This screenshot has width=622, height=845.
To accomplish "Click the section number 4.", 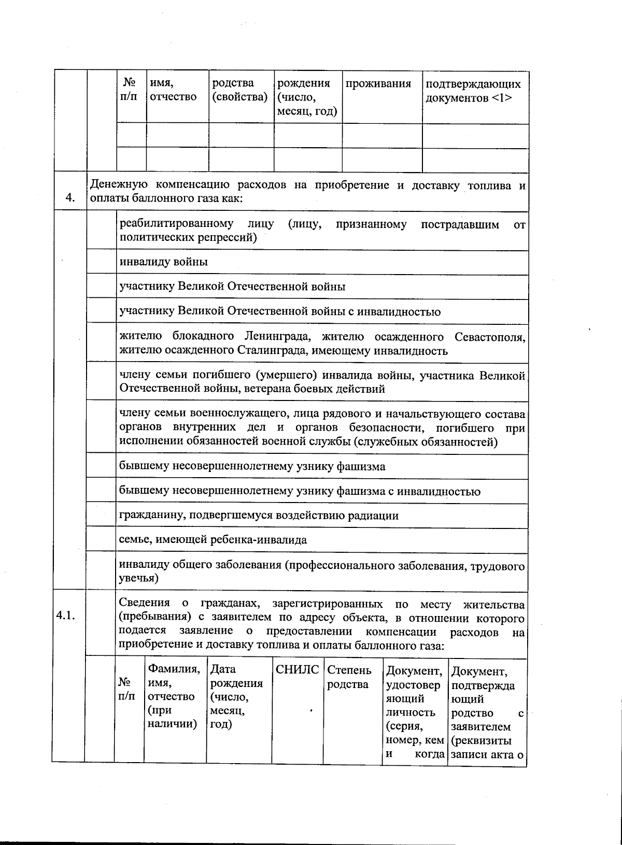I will (70, 197).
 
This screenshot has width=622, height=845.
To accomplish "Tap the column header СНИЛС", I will (297, 669).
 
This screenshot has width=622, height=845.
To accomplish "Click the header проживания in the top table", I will (378, 84).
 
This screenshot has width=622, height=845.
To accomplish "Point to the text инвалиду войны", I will (163, 262).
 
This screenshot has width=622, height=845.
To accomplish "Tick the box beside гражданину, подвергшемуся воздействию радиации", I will (101, 515).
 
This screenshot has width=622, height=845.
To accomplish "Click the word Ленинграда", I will (278, 337).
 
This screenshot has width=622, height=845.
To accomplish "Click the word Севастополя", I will (490, 337).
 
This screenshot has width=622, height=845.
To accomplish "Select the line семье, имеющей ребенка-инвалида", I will (213, 539).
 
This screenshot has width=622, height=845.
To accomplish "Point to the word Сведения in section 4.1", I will (144, 603).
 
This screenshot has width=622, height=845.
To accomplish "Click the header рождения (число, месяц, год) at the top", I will (307, 97).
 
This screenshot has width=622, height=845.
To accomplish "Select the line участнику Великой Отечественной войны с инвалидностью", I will (280, 311).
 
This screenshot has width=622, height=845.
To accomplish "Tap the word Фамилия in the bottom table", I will (174, 669).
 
